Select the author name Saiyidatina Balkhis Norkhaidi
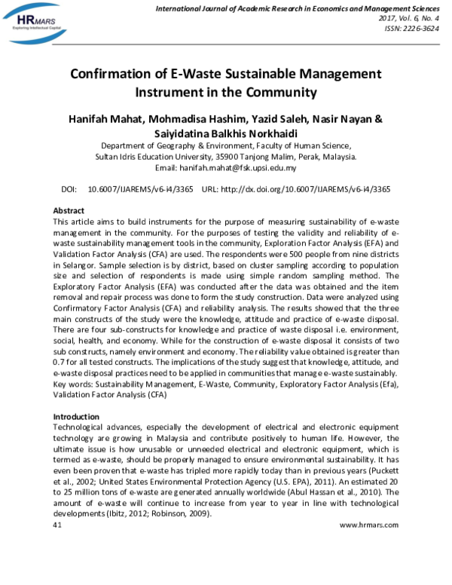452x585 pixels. tap(226, 133)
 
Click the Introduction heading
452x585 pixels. tap(76, 416)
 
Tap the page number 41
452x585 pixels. tap(57, 524)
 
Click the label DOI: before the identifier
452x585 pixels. tap(69, 188)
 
